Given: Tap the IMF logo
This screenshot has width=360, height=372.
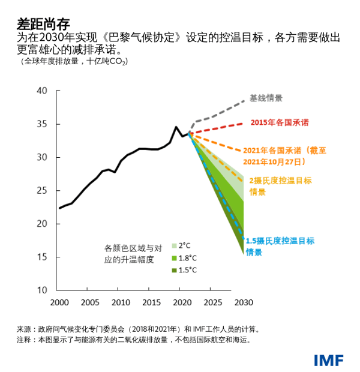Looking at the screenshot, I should point(328,360).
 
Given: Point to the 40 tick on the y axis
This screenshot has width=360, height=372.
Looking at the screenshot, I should point(41,91).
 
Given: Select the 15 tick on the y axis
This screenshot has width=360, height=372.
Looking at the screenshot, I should point(41,257).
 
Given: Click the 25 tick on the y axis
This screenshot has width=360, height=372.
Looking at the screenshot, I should point(41,191).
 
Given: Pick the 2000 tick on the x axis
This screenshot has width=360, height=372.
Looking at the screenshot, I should point(58,302).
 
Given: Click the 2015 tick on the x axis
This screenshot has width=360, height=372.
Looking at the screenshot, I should point(151,302).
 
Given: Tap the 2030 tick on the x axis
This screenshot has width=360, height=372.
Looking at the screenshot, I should point(244,302).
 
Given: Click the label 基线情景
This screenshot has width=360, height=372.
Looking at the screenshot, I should point(266,98).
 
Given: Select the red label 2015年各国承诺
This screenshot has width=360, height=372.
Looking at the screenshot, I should point(279,122).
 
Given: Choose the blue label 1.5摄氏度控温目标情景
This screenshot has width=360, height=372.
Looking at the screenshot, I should point(280,246).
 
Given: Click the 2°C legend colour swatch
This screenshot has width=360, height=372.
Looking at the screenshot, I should point(174,245).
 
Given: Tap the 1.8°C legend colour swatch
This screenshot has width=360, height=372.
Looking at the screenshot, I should point(174,258).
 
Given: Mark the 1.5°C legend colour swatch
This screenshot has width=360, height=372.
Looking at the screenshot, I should point(174,271).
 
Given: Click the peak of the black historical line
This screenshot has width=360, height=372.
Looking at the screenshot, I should point(176,127).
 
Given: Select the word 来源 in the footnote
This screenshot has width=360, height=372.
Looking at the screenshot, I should point(23,329).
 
